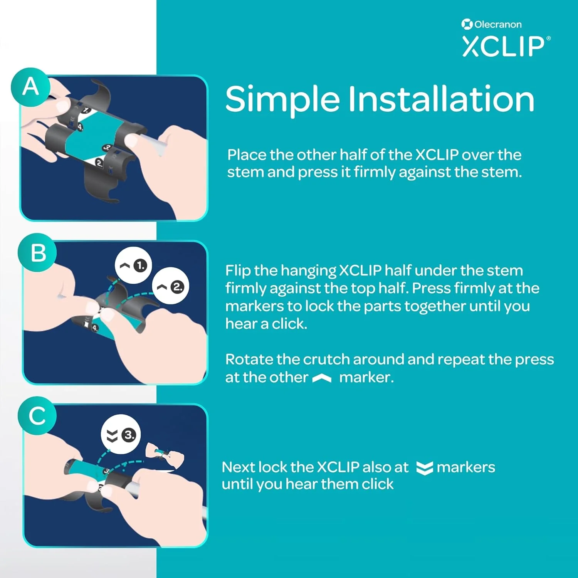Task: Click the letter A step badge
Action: [x=30, y=87]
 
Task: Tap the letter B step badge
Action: [x=37, y=253]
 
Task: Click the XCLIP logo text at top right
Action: [x=503, y=47]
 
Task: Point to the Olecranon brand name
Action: [x=498, y=25]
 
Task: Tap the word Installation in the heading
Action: [x=441, y=99]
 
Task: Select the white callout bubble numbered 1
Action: [x=133, y=265]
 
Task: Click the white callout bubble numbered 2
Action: [x=171, y=287]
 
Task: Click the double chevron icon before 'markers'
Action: [x=424, y=468]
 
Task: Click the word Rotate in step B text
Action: [x=249, y=360]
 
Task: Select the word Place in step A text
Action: [x=247, y=155]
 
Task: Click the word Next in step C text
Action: [x=238, y=467]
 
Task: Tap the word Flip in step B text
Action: [x=238, y=271]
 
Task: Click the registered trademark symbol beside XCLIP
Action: [x=548, y=38]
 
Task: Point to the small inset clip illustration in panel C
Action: [x=164, y=454]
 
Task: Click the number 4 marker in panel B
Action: [x=95, y=328]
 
